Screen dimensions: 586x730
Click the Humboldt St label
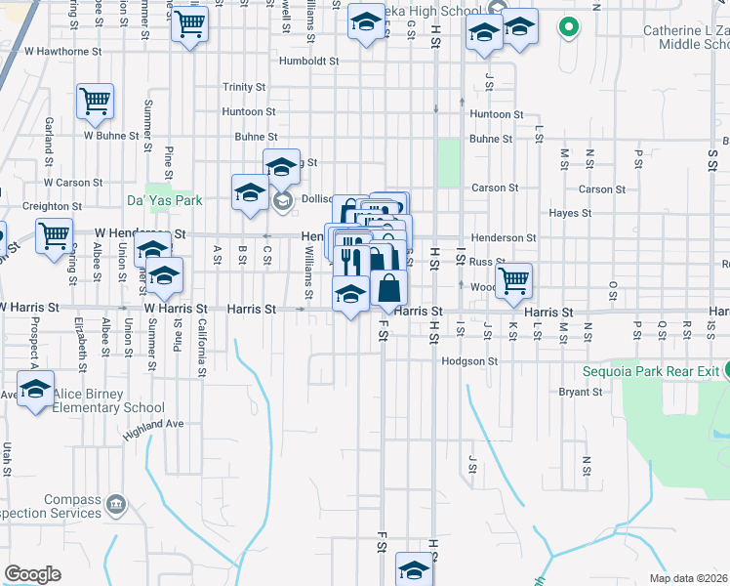pos(307,61)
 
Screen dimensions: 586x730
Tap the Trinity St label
pos(243,87)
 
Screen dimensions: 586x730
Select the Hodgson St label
pos(469,360)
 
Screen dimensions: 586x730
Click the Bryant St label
pos(580,392)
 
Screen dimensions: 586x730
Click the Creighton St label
pos(52,206)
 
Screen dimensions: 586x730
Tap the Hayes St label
pos(570,213)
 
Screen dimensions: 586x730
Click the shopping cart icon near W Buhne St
pos(95,102)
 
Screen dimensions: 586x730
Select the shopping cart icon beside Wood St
pos(513,281)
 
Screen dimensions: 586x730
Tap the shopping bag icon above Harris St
pos(388,289)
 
